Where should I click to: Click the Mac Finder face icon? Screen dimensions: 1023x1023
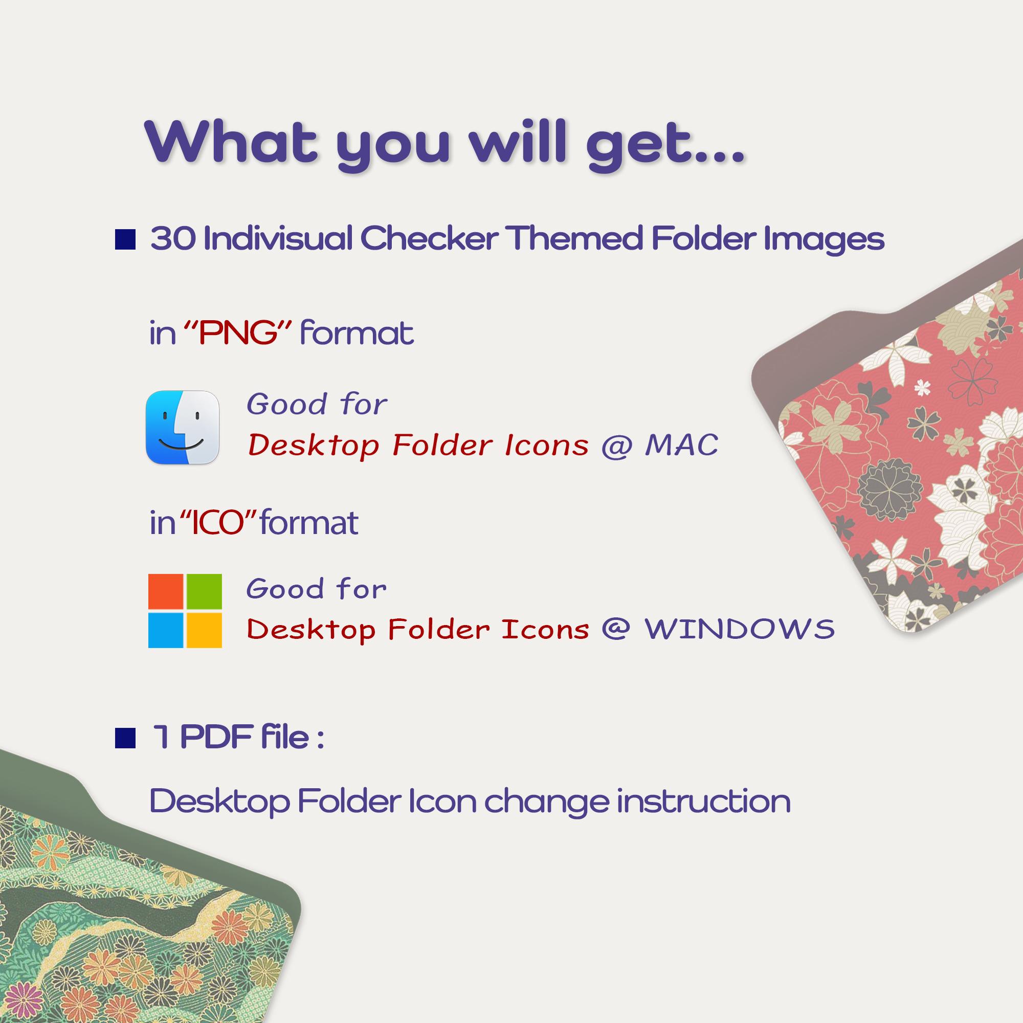pos(182,427)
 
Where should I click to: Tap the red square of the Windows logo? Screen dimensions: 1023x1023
pos(166,591)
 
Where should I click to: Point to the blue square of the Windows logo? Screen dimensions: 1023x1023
pos(166,630)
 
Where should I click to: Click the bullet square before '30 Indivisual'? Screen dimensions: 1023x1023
pos(125,239)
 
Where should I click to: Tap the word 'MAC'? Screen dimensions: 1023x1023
pos(681,445)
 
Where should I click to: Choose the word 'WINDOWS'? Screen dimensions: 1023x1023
pos(739,629)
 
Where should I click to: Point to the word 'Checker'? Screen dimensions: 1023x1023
pos(429,239)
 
